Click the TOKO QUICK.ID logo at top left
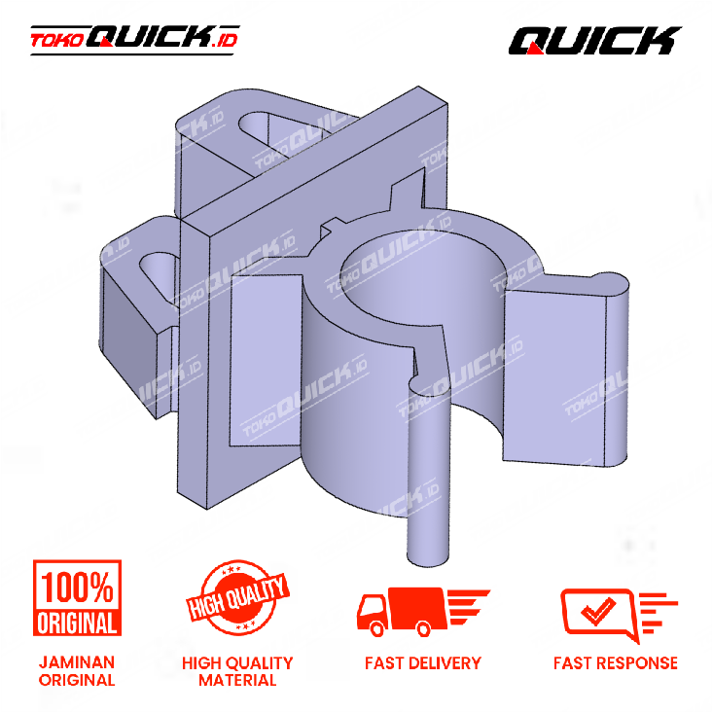[134, 40]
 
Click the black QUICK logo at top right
[594, 41]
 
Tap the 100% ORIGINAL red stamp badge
[77, 597]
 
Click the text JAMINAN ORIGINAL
[77, 671]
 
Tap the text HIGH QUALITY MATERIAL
[237, 671]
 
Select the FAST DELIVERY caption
[423, 663]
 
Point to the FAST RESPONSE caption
[616, 663]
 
